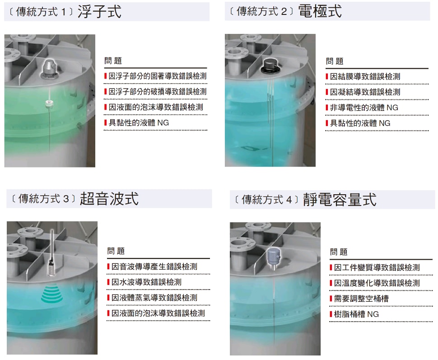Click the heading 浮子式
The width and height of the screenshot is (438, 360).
pos(99,12)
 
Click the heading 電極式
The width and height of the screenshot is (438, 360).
pos(320,11)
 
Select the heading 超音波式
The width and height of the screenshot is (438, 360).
pos(109,199)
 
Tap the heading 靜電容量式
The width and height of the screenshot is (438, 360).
pos(340,200)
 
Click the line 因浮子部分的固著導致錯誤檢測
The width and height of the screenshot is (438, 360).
pos(158,76)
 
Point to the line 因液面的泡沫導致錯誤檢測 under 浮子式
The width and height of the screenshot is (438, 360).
pos(156,107)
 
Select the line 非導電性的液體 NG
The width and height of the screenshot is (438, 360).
pos(364,108)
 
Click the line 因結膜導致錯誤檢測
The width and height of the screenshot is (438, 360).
pos(365,77)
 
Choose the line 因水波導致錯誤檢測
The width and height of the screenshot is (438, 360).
pos(146,282)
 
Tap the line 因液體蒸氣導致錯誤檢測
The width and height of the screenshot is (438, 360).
pos(154,298)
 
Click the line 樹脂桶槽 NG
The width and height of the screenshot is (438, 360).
pos(356,314)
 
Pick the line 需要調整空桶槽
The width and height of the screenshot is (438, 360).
pos(361,299)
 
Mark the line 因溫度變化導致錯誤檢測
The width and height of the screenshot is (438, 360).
pos(377,283)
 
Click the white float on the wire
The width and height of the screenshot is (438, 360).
pos(49,104)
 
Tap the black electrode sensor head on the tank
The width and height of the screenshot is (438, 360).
pos(270,66)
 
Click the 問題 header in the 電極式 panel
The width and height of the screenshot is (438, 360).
pos(334,61)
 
